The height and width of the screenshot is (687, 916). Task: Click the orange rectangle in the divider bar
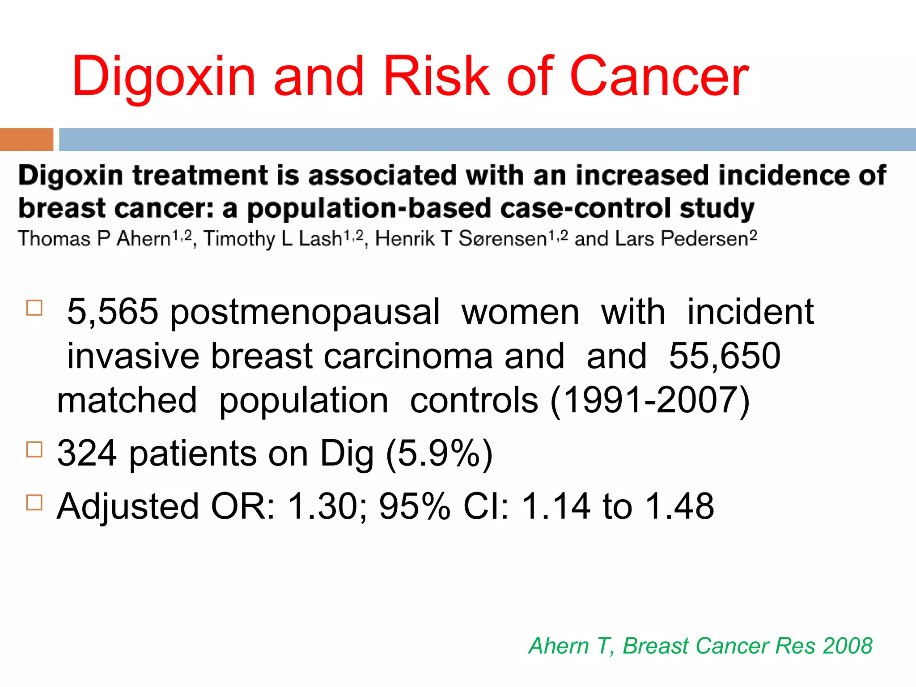[26, 140]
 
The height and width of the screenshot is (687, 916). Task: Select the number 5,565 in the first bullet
[112, 312]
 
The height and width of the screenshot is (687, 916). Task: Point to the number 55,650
[725, 356]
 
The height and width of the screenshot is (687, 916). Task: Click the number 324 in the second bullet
[87, 454]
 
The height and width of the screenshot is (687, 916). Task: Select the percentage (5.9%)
[439, 454]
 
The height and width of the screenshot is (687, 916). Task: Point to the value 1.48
[680, 506]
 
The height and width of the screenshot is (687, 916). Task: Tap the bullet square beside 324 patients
[34, 450]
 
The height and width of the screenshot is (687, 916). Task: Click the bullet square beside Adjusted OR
[34, 502]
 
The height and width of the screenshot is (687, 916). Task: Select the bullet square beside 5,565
[34, 308]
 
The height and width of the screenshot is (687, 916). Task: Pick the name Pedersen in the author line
[704, 239]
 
